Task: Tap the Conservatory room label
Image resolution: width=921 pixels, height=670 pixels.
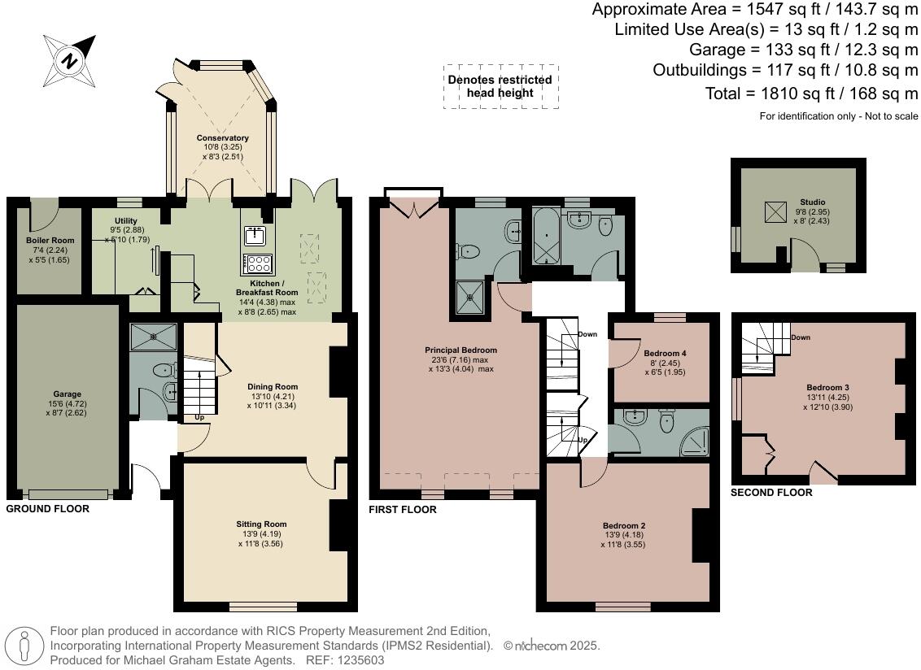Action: click(x=222, y=138)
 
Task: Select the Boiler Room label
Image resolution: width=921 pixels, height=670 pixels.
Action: click(x=50, y=241)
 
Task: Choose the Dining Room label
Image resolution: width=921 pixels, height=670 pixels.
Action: click(x=273, y=387)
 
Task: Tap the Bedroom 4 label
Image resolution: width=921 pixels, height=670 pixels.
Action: click(x=665, y=354)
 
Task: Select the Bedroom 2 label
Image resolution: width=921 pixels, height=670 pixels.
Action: click(x=625, y=526)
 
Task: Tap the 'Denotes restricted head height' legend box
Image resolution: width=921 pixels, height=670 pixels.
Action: click(x=500, y=86)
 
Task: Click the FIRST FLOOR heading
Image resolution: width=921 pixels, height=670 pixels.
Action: click(x=403, y=510)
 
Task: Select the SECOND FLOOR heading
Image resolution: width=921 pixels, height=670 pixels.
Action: click(x=770, y=493)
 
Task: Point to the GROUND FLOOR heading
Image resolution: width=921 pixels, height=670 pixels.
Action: click(x=47, y=509)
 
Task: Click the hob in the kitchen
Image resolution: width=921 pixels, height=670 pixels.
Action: click(x=259, y=263)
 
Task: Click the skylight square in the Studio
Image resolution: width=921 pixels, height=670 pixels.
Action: click(x=774, y=211)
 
